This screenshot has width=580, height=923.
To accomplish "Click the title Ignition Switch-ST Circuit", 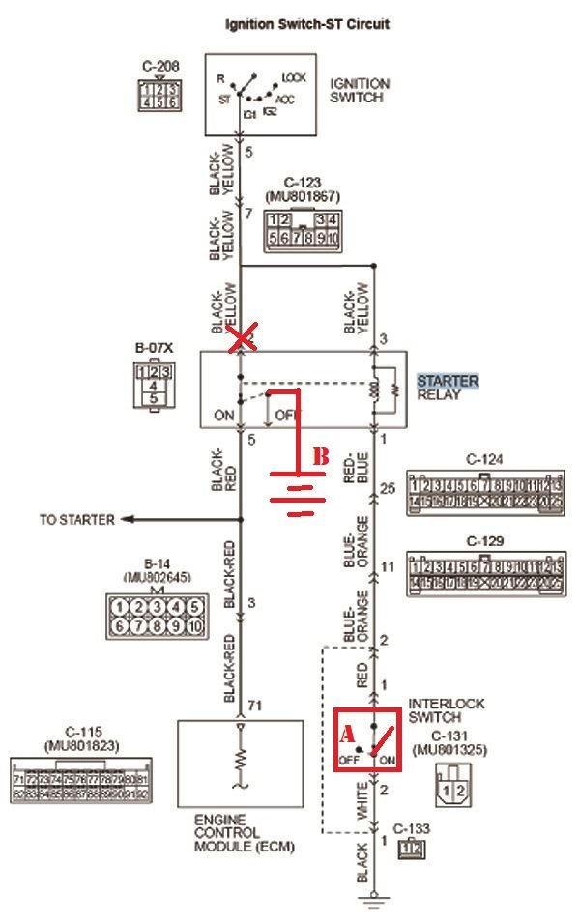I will coord(306,24).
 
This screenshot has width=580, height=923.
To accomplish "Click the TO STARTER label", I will coord(76,520).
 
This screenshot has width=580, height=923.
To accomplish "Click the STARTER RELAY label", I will coord(448,388).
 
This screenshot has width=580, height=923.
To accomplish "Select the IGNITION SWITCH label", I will coord(360,90).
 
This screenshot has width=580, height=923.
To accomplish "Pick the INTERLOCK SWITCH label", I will coord(447,710).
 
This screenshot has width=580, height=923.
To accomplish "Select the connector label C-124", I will coord(485,459).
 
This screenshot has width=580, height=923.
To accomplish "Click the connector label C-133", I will coord(412,829).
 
